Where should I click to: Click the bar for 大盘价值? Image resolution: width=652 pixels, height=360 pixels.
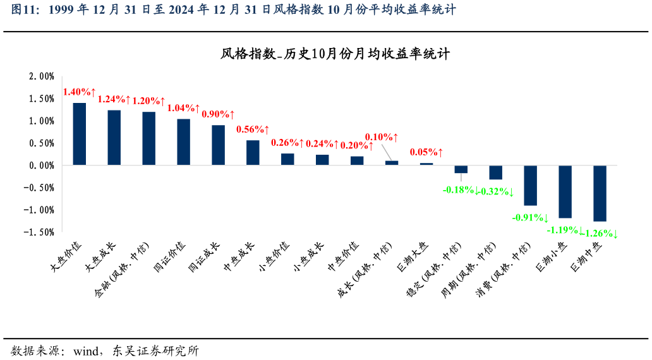pos(80,134)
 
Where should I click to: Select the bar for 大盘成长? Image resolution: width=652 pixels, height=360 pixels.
pos(114,138)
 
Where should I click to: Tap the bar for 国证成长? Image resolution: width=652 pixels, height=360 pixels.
pos(218,145)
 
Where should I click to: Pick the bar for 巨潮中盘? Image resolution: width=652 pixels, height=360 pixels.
pos(600,193)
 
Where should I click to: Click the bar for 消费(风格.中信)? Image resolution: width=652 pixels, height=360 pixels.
pos(530,186)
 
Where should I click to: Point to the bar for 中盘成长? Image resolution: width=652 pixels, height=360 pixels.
pos(253,153)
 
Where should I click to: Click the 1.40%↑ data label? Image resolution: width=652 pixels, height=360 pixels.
pos(79,92)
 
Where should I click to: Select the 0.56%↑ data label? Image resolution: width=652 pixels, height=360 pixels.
pos(253,129)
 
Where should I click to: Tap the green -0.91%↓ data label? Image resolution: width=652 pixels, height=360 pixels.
pos(530,218)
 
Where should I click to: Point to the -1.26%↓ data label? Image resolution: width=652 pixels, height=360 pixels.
pos(600,234)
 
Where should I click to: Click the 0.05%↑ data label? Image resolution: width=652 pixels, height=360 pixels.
pos(426,152)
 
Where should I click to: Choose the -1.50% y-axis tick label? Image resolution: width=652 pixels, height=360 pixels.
pos(40,232)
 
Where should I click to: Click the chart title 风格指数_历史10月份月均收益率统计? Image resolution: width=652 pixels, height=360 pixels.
pos(335,54)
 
